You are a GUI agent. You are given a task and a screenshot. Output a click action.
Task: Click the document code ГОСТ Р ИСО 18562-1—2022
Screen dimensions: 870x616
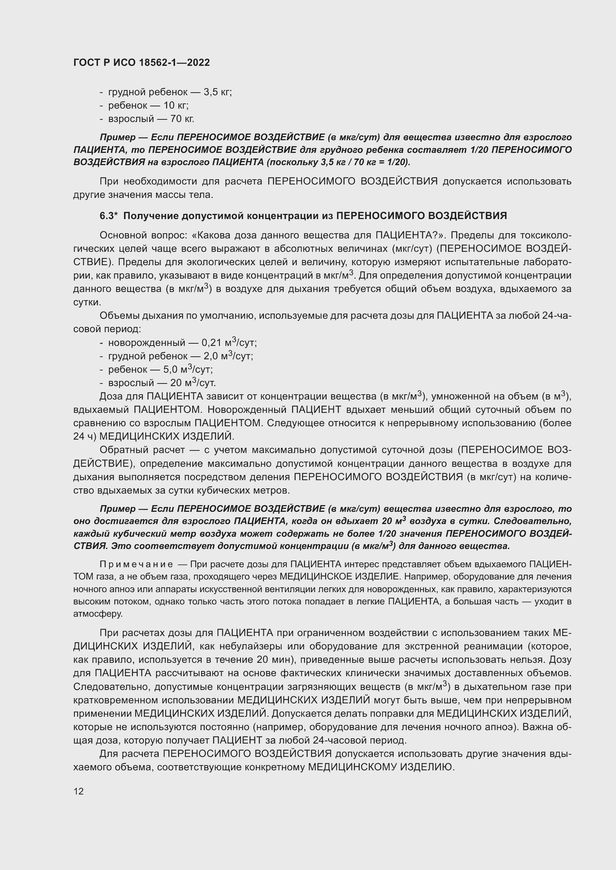pos(141,63)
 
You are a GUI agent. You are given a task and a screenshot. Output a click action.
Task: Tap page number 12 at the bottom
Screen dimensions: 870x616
pos(79,791)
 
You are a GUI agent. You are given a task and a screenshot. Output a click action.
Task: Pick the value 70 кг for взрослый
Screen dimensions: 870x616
pos(182,119)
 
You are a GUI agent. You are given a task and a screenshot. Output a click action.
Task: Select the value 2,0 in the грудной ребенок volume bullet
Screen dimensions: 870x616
pos(210,356)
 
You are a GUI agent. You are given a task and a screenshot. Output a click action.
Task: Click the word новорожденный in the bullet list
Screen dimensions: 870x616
pos(147,343)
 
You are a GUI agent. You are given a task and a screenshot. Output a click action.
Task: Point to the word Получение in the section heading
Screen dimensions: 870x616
pos(151,216)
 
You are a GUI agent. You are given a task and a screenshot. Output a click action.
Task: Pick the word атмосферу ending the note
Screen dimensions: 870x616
pos(98,614)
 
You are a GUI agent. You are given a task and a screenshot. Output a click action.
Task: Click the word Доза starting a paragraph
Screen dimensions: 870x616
pos(111,397)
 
